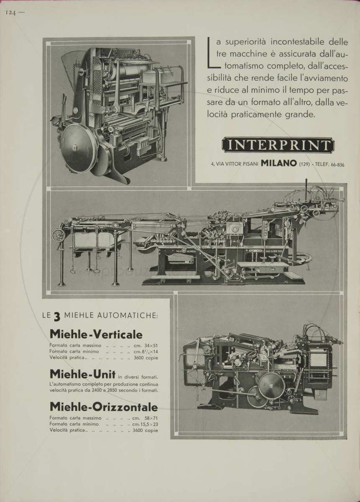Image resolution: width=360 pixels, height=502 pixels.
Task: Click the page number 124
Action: point(11,13)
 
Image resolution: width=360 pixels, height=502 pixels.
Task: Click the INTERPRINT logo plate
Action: point(278,145)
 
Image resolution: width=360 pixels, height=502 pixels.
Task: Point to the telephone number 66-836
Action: point(337,165)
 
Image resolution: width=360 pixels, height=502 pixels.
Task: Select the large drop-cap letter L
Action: point(212,53)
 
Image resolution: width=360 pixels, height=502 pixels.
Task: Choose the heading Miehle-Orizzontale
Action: point(104,407)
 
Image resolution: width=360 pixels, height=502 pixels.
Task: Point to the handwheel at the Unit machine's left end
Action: point(58,235)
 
